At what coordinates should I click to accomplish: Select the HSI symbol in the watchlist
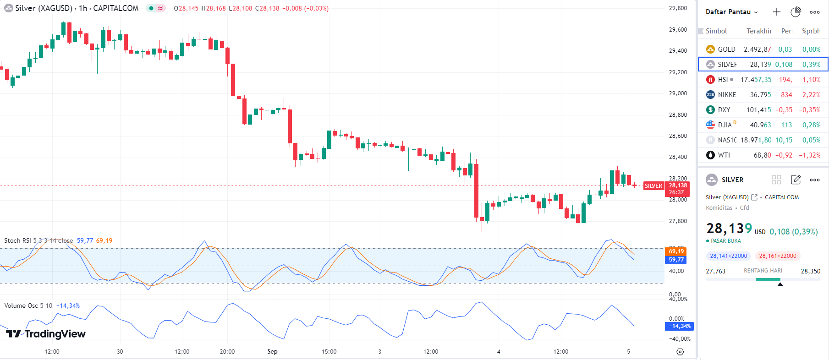click(x=723, y=80)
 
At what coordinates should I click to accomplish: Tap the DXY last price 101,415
click(x=758, y=110)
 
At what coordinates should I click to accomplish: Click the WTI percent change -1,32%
click(x=810, y=155)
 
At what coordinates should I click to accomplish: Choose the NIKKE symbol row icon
click(x=710, y=95)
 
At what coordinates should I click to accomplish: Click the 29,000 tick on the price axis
click(x=678, y=93)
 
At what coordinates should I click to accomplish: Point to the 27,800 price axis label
click(x=678, y=221)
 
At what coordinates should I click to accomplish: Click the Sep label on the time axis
click(x=272, y=352)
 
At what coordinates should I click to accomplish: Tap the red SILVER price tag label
click(x=653, y=186)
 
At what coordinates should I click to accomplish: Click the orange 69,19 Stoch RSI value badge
click(x=675, y=251)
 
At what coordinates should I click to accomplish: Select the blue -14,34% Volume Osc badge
click(x=679, y=326)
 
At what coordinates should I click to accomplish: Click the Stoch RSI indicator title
click(x=38, y=240)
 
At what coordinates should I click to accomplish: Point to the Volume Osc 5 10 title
click(x=28, y=305)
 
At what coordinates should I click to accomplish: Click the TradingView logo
click(x=46, y=333)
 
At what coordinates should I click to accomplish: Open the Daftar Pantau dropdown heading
click(x=731, y=12)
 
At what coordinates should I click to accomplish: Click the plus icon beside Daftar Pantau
click(x=776, y=12)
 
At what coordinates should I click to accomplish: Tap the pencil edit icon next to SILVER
click(x=796, y=180)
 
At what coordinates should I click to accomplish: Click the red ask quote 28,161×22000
click(x=778, y=256)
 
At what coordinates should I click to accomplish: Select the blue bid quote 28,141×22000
click(x=728, y=256)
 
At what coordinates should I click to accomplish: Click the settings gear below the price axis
click(x=680, y=352)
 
